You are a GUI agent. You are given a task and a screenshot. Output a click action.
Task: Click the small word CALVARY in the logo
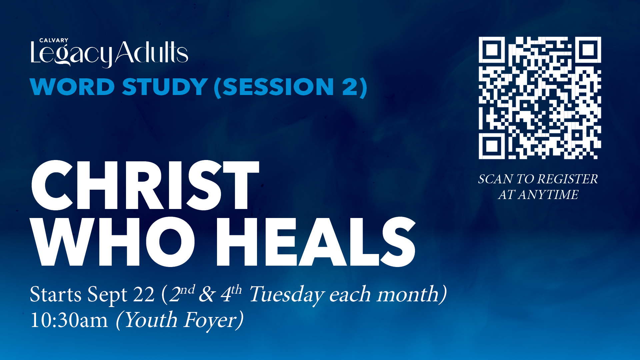54,40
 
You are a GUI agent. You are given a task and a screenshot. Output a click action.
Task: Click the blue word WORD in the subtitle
72,87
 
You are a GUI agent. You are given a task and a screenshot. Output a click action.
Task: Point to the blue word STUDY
165,87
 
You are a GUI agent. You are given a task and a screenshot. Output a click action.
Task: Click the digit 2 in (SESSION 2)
350,87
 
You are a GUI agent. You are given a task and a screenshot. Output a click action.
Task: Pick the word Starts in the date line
55,294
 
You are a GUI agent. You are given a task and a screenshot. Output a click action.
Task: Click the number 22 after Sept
144,295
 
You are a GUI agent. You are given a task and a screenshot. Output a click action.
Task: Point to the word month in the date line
408,294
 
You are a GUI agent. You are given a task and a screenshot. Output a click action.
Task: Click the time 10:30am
69,320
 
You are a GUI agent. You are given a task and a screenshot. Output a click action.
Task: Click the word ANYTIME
548,195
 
